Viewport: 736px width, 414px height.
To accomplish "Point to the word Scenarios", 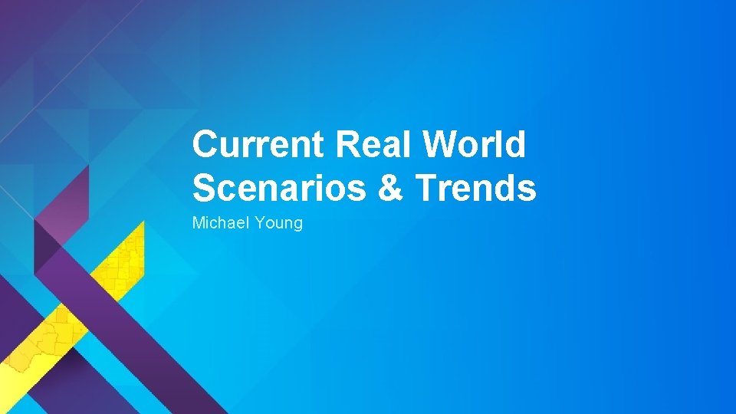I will [x=280, y=189].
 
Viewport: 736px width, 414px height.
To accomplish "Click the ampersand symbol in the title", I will [x=390, y=189].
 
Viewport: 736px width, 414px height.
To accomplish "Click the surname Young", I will [x=279, y=224].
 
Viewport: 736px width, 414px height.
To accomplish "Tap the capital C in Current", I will [x=205, y=145].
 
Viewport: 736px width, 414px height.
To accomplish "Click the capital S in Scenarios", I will [x=204, y=189].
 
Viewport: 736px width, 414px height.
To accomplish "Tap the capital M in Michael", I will [x=198, y=223].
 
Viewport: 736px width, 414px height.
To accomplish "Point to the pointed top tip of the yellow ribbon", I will [x=143, y=222].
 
